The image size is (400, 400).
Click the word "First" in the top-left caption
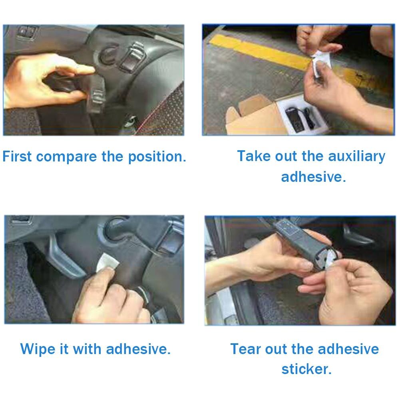17,156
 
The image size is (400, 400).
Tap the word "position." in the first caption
157,157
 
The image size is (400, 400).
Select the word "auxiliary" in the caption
356,156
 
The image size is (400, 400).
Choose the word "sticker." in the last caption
306,369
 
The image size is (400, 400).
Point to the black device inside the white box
293,119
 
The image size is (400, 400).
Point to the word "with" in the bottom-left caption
87,349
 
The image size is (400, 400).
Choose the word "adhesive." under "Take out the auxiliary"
314,177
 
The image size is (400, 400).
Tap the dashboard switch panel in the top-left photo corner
27,32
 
